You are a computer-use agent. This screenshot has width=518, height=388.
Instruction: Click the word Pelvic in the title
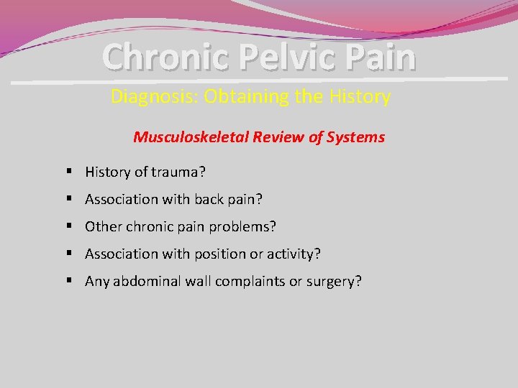pyautogui.click(x=286, y=57)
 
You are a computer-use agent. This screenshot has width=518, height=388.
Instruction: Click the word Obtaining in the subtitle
pyautogui.click(x=247, y=96)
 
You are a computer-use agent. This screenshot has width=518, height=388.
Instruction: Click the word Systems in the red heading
pyautogui.click(x=357, y=137)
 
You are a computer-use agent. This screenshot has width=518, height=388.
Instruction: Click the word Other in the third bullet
pyautogui.click(x=101, y=226)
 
